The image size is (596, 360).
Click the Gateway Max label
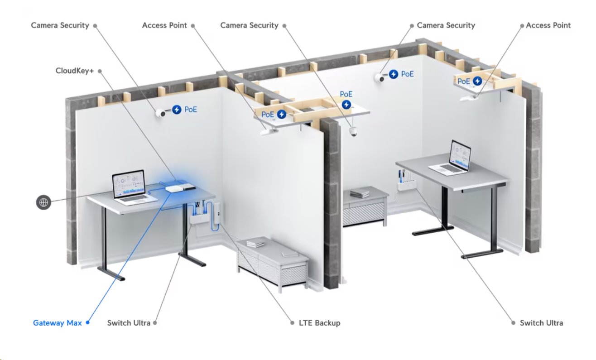(58, 323)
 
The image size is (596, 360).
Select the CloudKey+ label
(74, 71)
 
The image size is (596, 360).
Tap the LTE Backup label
(320, 323)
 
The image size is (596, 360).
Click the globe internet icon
(43, 202)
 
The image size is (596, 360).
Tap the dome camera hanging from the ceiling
(353, 131)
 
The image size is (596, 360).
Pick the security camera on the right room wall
(381, 77)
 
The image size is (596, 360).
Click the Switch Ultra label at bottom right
(541, 323)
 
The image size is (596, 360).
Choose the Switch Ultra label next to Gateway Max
(129, 323)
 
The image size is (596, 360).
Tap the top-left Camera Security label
(60, 25)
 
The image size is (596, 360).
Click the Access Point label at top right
(548, 25)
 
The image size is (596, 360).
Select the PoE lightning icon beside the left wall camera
(177, 109)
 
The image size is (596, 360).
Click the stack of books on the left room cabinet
(255, 244)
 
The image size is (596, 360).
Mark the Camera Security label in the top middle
(249, 25)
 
